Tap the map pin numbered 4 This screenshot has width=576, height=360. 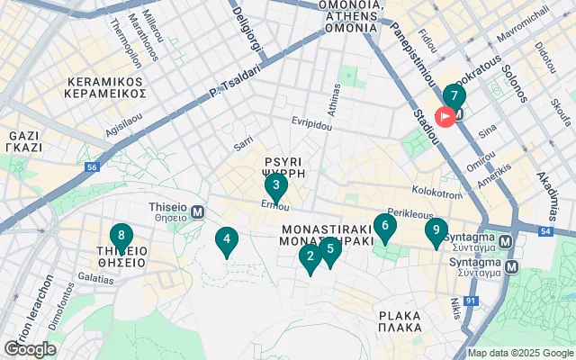coord(226,240)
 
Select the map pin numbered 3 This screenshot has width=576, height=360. coord(275,187)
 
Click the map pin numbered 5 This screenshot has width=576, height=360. coord(330,250)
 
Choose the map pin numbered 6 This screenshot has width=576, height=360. coord(385,228)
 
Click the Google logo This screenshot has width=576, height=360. coord(29,349)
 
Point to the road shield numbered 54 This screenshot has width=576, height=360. coord(546,232)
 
